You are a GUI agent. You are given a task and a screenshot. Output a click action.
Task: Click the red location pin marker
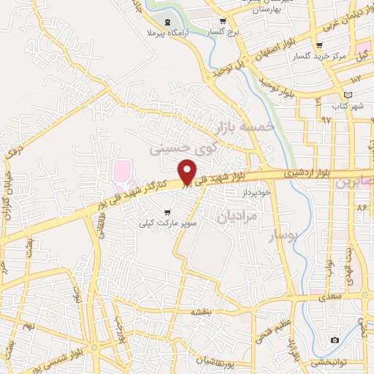coord(188,173)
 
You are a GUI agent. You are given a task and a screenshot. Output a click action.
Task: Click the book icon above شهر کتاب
coord(348,96)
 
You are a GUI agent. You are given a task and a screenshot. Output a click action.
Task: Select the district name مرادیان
coord(238,215)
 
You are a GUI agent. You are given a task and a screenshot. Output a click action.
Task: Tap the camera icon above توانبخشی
coord(335,340)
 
